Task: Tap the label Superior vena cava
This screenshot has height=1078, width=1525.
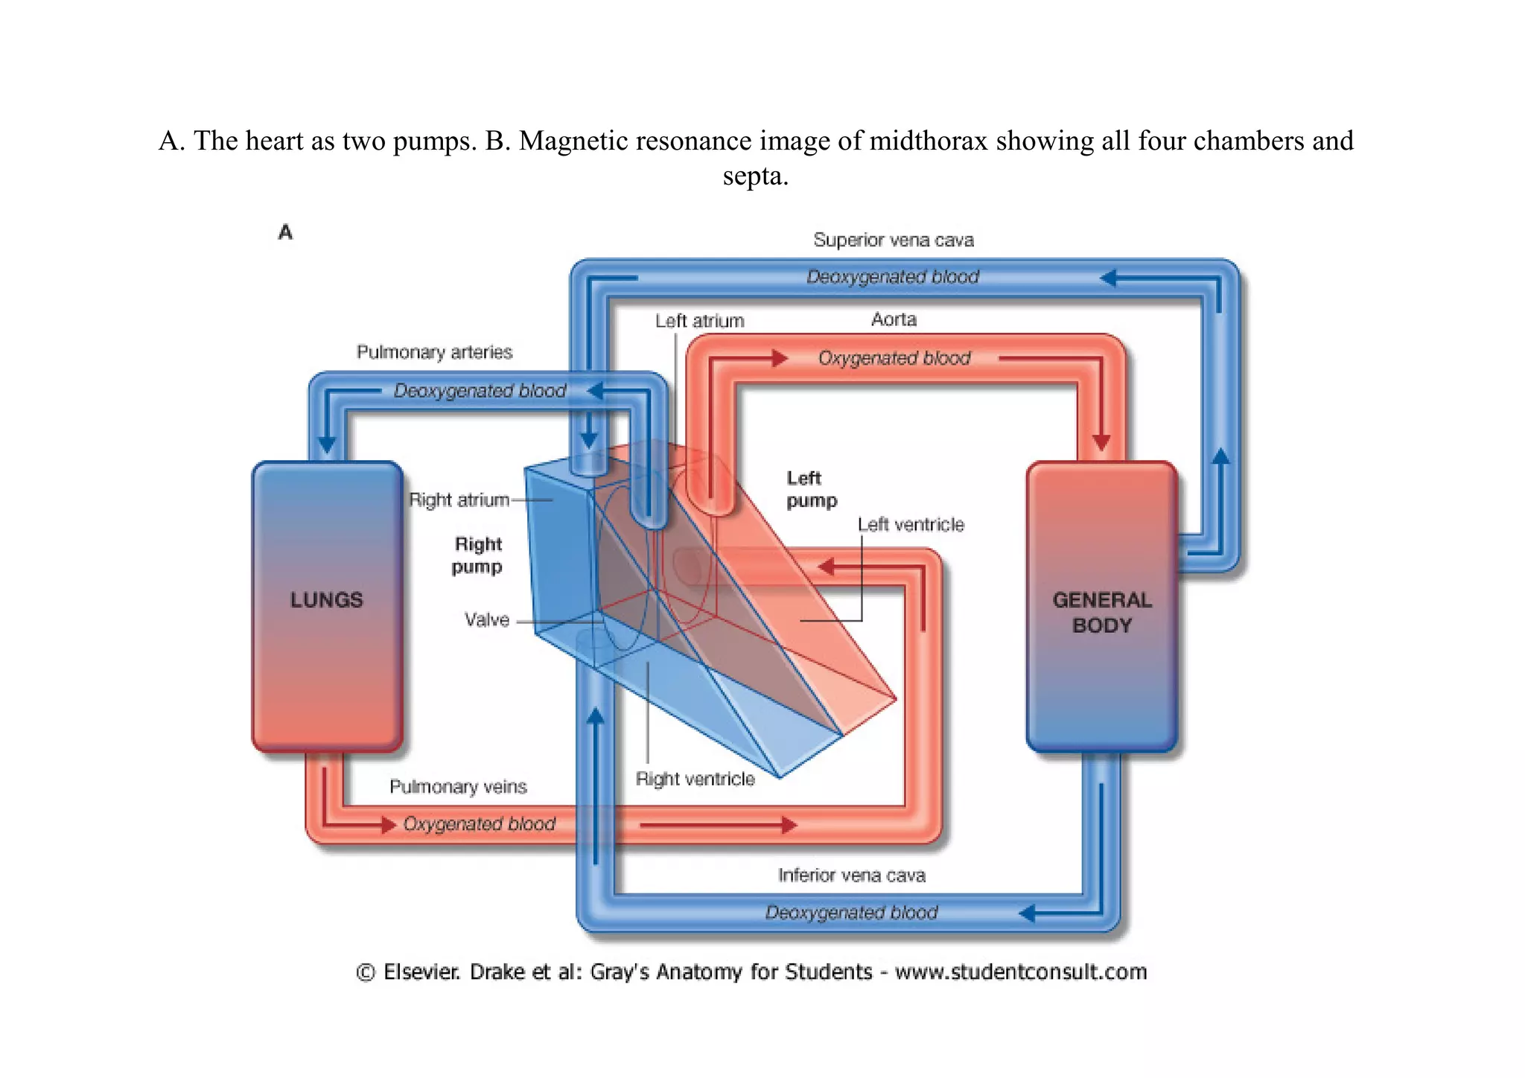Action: [893, 240]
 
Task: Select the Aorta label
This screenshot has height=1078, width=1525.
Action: [894, 319]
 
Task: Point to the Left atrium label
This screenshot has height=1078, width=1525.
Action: [699, 321]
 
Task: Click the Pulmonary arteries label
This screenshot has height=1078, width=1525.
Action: [434, 352]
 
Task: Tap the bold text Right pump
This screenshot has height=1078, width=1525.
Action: [477, 555]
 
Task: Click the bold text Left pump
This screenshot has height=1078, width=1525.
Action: [811, 489]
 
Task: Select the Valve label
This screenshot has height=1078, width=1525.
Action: [487, 619]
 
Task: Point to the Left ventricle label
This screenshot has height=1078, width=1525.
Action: [911, 525]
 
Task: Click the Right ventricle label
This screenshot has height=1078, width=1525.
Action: [695, 779]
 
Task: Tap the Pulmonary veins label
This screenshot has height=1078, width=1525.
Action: [458, 787]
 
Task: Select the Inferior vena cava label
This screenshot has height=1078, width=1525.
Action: [851, 876]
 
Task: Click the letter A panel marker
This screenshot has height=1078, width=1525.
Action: [285, 232]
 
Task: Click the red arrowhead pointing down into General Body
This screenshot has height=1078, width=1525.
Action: [1101, 442]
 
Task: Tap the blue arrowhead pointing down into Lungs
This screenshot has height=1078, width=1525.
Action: [327, 445]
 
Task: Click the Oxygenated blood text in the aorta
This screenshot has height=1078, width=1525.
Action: [894, 358]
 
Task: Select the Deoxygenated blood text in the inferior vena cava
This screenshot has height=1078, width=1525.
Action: [851, 913]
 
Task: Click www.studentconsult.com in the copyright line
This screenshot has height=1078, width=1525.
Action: [1020, 972]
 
